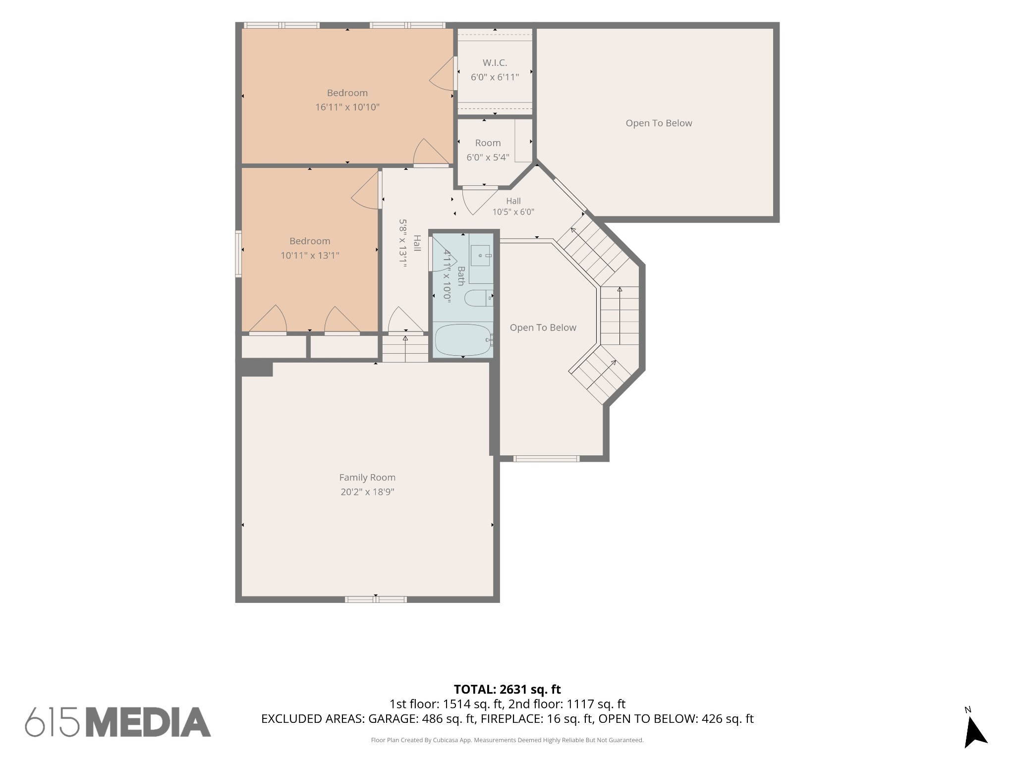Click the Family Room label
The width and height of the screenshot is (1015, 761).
click(367, 478)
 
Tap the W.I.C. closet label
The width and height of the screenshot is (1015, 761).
click(495, 63)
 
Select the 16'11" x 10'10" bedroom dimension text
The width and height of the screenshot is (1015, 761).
click(347, 107)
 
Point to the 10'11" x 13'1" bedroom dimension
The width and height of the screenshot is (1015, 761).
click(310, 256)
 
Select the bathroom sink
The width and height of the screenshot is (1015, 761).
click(480, 256)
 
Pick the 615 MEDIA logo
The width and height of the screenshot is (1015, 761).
click(118, 722)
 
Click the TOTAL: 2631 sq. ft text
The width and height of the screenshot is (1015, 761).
click(507, 689)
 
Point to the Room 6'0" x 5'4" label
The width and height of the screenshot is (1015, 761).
click(488, 150)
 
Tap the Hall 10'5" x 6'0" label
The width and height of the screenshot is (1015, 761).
click(513, 207)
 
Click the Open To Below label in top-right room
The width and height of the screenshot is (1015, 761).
click(659, 123)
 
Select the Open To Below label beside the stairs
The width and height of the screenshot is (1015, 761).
click(543, 327)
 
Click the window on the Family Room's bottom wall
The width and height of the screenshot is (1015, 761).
click(376, 599)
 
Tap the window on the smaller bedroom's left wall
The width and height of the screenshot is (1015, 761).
click(238, 254)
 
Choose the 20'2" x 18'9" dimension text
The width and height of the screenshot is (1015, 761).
click(367, 492)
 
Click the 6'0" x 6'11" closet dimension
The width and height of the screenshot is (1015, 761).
click(495, 77)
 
